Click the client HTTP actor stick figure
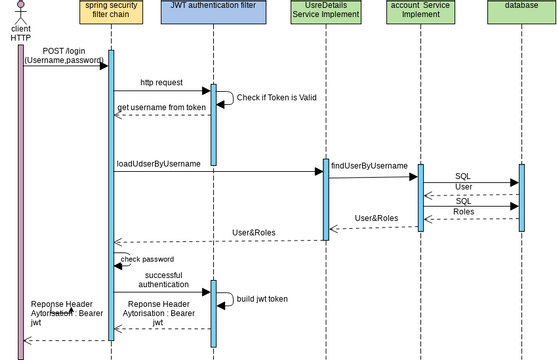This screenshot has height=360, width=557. (20, 11)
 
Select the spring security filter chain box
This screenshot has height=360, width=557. (111, 13)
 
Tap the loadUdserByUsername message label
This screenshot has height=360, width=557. (159, 163)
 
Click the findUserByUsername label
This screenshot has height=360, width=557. (369, 165)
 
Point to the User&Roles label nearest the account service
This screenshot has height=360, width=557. (376, 218)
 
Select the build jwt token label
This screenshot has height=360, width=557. (262, 298)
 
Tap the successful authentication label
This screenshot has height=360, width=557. (165, 278)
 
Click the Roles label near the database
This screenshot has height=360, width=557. (463, 211)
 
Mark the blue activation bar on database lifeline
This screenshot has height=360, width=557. (521, 196)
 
